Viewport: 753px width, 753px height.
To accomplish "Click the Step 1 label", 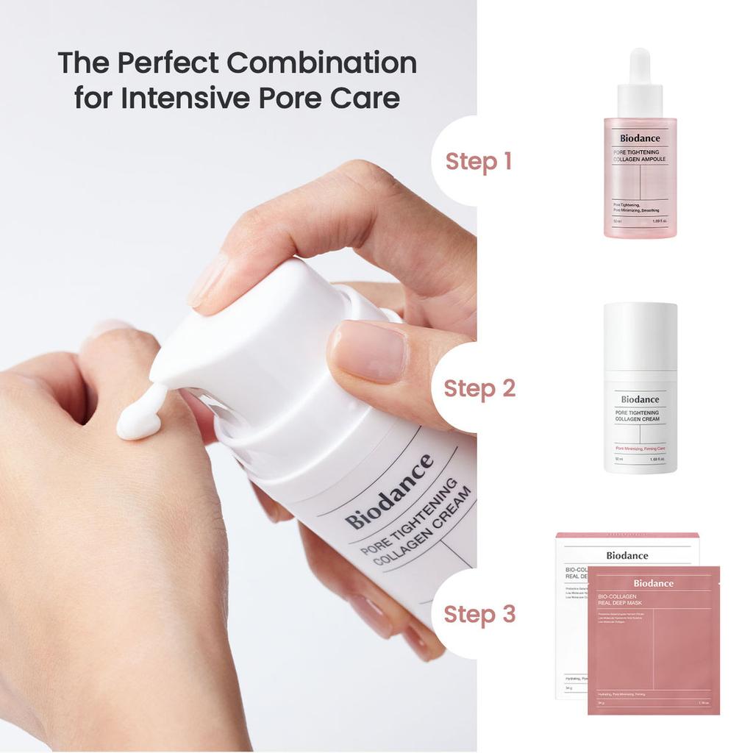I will (478, 162).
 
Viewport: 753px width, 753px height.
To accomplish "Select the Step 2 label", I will (479, 388).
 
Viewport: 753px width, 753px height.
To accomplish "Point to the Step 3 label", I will (479, 614).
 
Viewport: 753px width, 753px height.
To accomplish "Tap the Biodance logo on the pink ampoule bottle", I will (639, 138).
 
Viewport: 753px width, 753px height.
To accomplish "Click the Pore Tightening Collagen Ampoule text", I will (639, 155).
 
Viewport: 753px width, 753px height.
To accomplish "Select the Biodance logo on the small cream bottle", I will (640, 399).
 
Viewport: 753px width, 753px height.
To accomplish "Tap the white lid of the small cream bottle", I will (640, 335).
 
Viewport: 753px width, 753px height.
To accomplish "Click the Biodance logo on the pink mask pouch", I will (653, 583).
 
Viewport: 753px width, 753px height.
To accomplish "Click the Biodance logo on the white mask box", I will (627, 556).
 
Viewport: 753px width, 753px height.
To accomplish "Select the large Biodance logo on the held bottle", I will (390, 492).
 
